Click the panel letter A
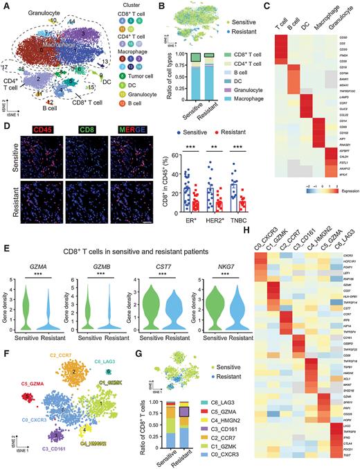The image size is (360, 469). [6, 6]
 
